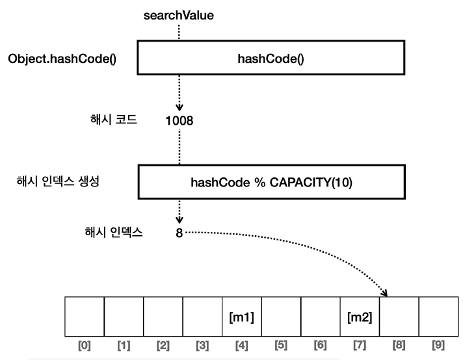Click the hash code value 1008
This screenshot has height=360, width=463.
pos(179,121)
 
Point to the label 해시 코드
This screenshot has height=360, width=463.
pos(112,120)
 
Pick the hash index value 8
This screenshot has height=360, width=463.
pos(179,231)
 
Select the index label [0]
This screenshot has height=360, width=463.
pos(85,345)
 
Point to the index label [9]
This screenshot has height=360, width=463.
pos(438,345)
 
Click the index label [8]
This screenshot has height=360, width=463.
pos(399,345)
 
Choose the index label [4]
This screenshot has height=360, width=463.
pos(242,345)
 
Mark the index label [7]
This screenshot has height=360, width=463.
pos(360,345)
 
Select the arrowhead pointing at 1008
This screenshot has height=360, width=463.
pos(179,105)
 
